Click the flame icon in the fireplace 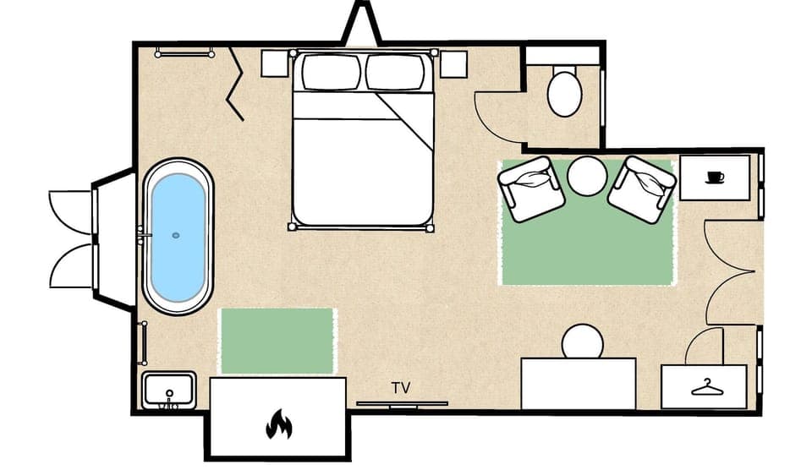pos(278,424)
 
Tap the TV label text pos(401,388)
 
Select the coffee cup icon pos(715,177)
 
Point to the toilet pos(564,91)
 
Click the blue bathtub pos(178,237)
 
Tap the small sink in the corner pos(169,390)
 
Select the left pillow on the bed pos(331,73)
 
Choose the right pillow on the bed pos(394,73)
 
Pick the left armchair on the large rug pos(531,189)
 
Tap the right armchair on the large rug pos(642,189)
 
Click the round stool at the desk pos(583,342)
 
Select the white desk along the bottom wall pos(579,384)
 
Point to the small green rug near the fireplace pos(277,341)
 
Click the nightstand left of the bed pos(275,63)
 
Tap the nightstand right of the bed pos(453,63)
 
